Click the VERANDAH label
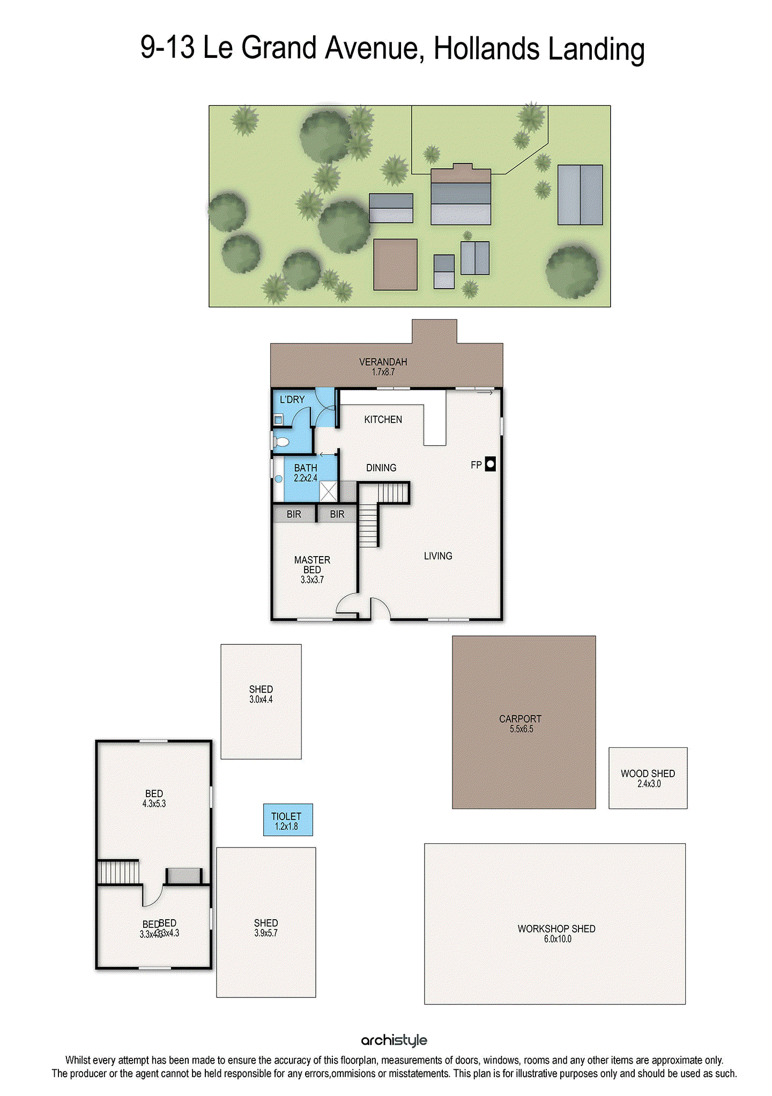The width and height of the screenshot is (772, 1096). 383,366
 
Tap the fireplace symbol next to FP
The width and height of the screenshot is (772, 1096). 490,464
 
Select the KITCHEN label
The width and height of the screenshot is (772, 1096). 383,419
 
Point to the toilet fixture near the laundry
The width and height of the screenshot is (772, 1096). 281,442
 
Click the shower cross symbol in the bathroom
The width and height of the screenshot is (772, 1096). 328,491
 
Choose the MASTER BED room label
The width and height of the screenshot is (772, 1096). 312,569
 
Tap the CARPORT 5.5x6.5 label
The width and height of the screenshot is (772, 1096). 520,723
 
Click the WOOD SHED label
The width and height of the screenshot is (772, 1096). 648,778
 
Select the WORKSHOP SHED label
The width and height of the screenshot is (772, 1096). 556,933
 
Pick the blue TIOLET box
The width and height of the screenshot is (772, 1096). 287,820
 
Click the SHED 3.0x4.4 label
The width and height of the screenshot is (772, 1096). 261,694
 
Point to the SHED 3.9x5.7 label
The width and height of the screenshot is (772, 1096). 266,927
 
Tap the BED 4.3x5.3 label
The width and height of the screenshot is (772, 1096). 154,798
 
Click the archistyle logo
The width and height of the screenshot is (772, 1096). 394,1040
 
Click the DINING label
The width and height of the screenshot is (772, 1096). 381,468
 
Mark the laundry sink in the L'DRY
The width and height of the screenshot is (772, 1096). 278,420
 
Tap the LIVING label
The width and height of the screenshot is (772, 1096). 438,556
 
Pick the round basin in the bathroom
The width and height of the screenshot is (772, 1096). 278,478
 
